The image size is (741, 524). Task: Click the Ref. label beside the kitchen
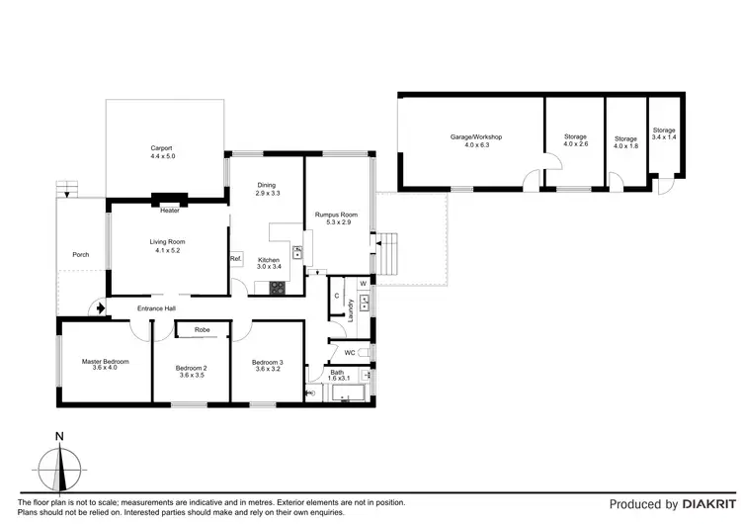click(x=236, y=259)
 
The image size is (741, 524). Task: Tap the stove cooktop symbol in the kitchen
click(x=278, y=289)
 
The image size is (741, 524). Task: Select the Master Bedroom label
click(x=105, y=362)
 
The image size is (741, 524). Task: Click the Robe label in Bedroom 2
click(x=202, y=329)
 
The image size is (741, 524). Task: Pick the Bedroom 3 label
click(x=267, y=362)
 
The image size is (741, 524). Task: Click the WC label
click(x=349, y=352)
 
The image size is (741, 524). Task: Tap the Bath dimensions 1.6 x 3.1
click(x=337, y=379)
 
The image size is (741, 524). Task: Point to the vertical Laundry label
click(x=351, y=309)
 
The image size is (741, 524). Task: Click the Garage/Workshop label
click(x=471, y=136)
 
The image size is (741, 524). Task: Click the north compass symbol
click(x=60, y=464)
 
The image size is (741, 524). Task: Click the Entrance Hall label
click(x=156, y=308)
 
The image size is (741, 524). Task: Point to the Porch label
click(x=81, y=255)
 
